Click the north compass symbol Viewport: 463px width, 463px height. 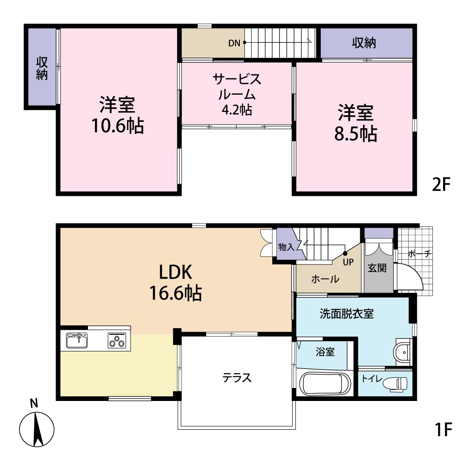[x=37, y=425]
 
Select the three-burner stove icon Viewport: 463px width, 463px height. [x=116, y=341]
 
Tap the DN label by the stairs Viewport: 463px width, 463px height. [x=234, y=44]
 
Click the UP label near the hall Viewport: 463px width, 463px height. [x=348, y=262]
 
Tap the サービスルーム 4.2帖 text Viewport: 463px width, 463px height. [x=237, y=94]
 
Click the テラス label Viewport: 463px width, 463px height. [x=237, y=378]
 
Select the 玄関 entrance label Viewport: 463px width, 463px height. [x=377, y=268]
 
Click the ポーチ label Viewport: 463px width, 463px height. [x=420, y=254]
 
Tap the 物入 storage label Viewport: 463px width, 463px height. [x=286, y=248]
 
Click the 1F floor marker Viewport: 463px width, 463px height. [x=443, y=430]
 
